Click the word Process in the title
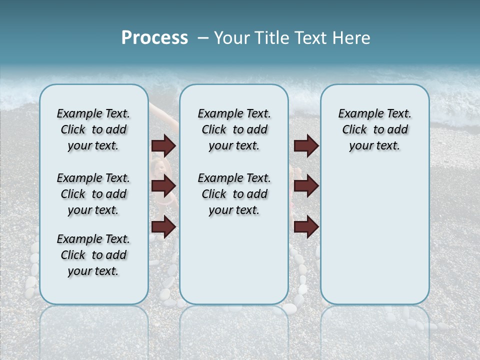tap(154, 38)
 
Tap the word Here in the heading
tap(351, 38)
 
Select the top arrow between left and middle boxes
tap(163, 145)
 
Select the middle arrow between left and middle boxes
tap(163, 186)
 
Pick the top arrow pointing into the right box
tap(306, 145)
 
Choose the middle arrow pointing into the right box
tap(306, 186)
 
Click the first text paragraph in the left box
tap(93, 129)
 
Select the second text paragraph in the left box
tap(93, 194)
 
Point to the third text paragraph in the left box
tap(93, 255)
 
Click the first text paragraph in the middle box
tap(234, 129)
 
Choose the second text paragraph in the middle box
tap(234, 194)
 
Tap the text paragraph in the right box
tap(374, 129)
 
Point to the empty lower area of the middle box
tap(234, 260)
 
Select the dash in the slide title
tap(203, 38)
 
